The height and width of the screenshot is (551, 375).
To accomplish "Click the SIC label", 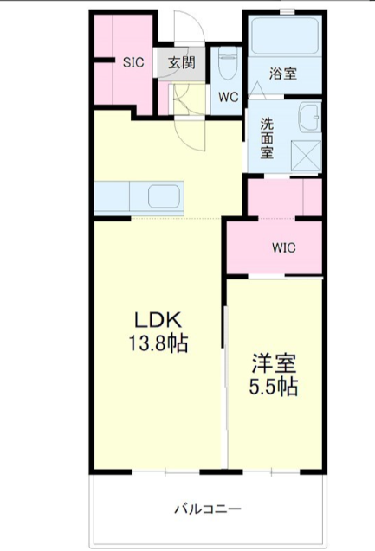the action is [x=133, y=62].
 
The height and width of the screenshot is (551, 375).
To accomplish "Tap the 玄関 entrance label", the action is [x=182, y=63].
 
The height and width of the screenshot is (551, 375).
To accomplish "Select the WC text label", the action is [x=228, y=98].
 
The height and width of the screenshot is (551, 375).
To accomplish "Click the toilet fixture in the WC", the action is [x=228, y=64].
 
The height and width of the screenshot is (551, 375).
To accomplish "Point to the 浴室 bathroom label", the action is [x=283, y=74].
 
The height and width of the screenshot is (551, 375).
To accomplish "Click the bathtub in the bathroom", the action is [x=285, y=35].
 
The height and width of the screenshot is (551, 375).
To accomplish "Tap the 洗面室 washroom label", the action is [x=267, y=138].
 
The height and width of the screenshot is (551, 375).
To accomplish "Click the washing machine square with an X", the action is [x=306, y=155].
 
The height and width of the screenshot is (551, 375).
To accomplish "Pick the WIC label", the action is [x=284, y=248].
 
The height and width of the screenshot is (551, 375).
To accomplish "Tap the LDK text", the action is [x=158, y=320].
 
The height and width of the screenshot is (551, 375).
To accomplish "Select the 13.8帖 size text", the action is [x=158, y=343].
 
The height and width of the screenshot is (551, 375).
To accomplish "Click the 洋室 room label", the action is [x=274, y=363].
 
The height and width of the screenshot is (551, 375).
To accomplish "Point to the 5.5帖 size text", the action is [x=274, y=387].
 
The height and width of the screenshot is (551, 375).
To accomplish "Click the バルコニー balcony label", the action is [x=208, y=509].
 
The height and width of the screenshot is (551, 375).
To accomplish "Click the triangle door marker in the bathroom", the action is [x=257, y=88].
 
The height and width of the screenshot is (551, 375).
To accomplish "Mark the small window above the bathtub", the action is [x=287, y=12].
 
